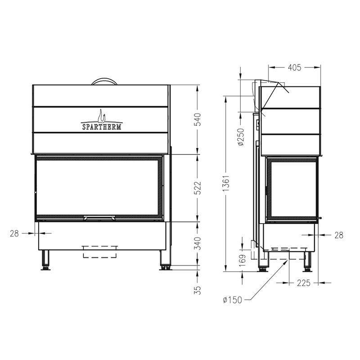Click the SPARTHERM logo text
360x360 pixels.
[102, 127]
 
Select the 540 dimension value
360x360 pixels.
[198, 119]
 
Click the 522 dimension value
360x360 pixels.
[198, 188]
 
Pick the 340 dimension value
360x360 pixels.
[198, 243]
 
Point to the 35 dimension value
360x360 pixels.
[198, 290]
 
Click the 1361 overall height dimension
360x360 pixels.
[226, 184]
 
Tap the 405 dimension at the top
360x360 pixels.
[294, 67]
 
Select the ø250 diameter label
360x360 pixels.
[241, 137]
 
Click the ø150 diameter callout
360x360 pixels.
[232, 300]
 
